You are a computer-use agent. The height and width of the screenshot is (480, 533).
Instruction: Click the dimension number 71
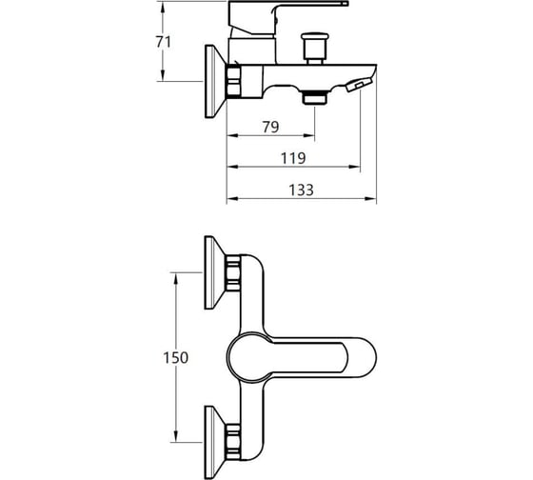coord(164,42)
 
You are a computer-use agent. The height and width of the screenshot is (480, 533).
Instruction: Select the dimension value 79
coord(270,127)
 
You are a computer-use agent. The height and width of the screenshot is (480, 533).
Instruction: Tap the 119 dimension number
coord(293,158)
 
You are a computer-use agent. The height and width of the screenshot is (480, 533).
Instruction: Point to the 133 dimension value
coord(301,190)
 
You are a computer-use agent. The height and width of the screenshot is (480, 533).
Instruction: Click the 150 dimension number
coord(176,357)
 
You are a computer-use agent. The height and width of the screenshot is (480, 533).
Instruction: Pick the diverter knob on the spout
coord(315,48)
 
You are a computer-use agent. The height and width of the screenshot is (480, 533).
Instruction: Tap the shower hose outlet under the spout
coord(314,97)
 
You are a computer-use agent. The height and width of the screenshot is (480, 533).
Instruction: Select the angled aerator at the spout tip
coord(359,84)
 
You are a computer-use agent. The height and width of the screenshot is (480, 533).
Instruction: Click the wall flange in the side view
coord(215,82)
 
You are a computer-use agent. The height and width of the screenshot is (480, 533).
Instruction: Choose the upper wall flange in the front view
coord(215,272)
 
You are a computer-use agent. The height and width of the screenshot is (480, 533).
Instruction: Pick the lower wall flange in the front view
coord(215,443)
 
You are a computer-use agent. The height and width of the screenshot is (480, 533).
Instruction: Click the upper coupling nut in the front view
coord(233,273)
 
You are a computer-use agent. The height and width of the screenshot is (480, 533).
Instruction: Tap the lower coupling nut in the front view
coord(233,442)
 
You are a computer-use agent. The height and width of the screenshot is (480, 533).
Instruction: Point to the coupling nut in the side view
coord(233,81)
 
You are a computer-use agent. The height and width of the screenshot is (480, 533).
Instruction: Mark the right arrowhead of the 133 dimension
coord(371,198)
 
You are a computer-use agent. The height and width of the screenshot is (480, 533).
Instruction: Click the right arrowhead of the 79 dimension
coord(308,135)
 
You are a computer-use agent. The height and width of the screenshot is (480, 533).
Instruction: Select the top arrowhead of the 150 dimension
coord(176,279)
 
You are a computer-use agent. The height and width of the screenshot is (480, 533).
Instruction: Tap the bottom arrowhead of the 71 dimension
coord(163,75)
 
